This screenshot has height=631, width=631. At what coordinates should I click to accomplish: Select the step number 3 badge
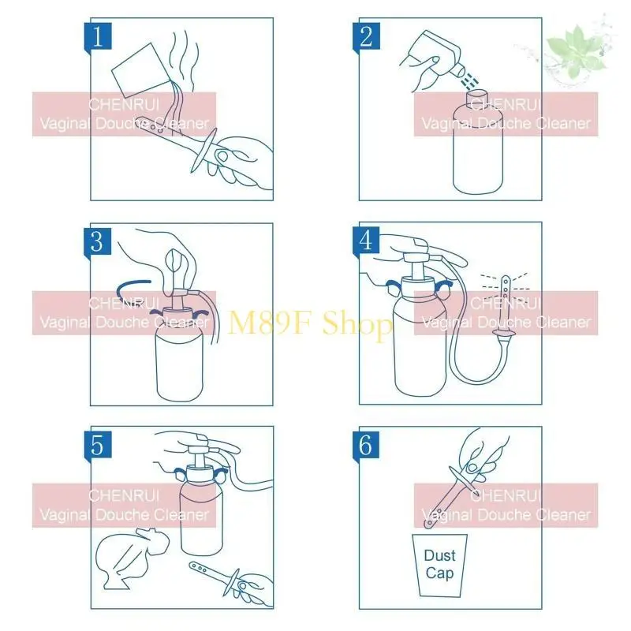[x=97, y=241]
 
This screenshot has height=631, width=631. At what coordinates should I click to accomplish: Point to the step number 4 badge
[x=365, y=241]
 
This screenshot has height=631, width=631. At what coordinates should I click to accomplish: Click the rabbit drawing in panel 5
[x=134, y=556]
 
